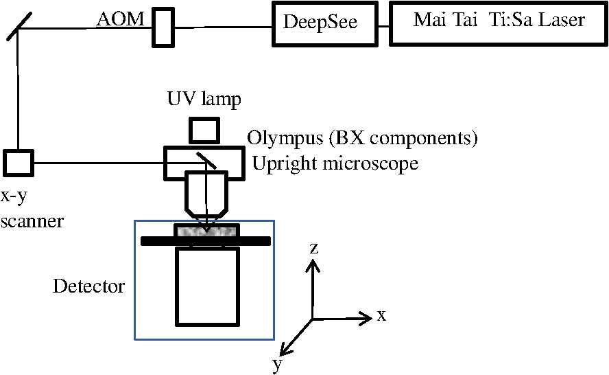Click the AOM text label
[121, 19]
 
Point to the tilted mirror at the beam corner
[19, 27]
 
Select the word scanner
[32, 221]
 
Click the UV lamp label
[204, 99]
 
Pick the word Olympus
[285, 138]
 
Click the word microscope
[370, 163]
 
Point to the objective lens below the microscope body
[206, 194]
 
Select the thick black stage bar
[206, 241]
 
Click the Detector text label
[88, 286]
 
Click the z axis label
[314, 248]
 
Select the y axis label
[277, 365]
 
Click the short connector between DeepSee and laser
[384, 27]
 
